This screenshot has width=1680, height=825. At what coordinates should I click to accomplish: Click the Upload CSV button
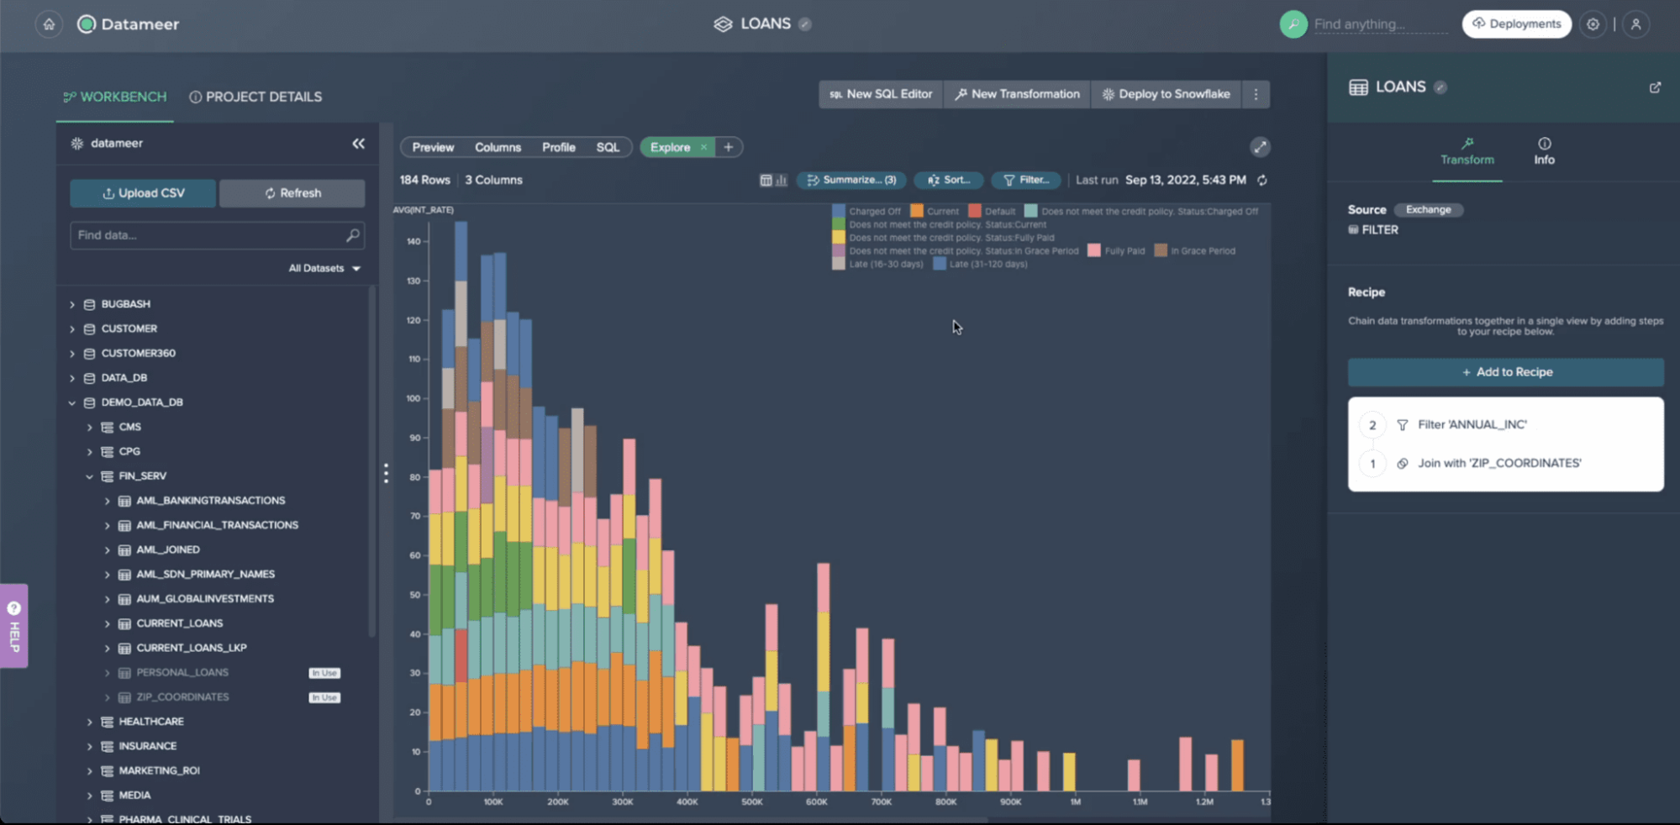tap(143, 193)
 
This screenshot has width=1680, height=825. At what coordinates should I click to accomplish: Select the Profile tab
tap(558, 147)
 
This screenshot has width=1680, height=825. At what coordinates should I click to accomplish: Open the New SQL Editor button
tap(881, 94)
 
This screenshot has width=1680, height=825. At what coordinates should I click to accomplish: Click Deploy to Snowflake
tap(1166, 94)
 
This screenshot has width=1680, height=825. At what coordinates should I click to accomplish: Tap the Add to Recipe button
tap(1505, 372)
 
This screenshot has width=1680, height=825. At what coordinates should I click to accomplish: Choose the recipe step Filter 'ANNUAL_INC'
tap(1472, 425)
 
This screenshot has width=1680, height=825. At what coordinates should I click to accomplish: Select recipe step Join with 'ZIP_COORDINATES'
tap(1498, 463)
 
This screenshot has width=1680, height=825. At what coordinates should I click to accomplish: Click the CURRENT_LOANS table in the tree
tap(179, 623)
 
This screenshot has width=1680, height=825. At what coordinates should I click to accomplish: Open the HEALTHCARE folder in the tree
tap(151, 722)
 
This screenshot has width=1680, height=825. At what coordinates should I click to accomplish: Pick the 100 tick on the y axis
tap(413, 398)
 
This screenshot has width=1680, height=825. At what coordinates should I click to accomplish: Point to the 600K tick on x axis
tap(817, 802)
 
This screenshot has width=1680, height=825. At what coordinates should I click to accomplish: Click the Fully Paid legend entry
tap(1124, 251)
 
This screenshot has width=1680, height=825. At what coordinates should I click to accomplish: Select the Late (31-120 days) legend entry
tap(987, 264)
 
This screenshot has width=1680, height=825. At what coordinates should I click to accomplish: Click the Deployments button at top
tap(1516, 24)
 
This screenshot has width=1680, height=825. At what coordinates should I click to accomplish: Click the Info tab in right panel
tap(1544, 151)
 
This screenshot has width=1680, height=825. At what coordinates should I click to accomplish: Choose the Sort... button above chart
tap(949, 180)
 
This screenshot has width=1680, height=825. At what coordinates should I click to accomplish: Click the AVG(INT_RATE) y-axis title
tap(423, 210)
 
